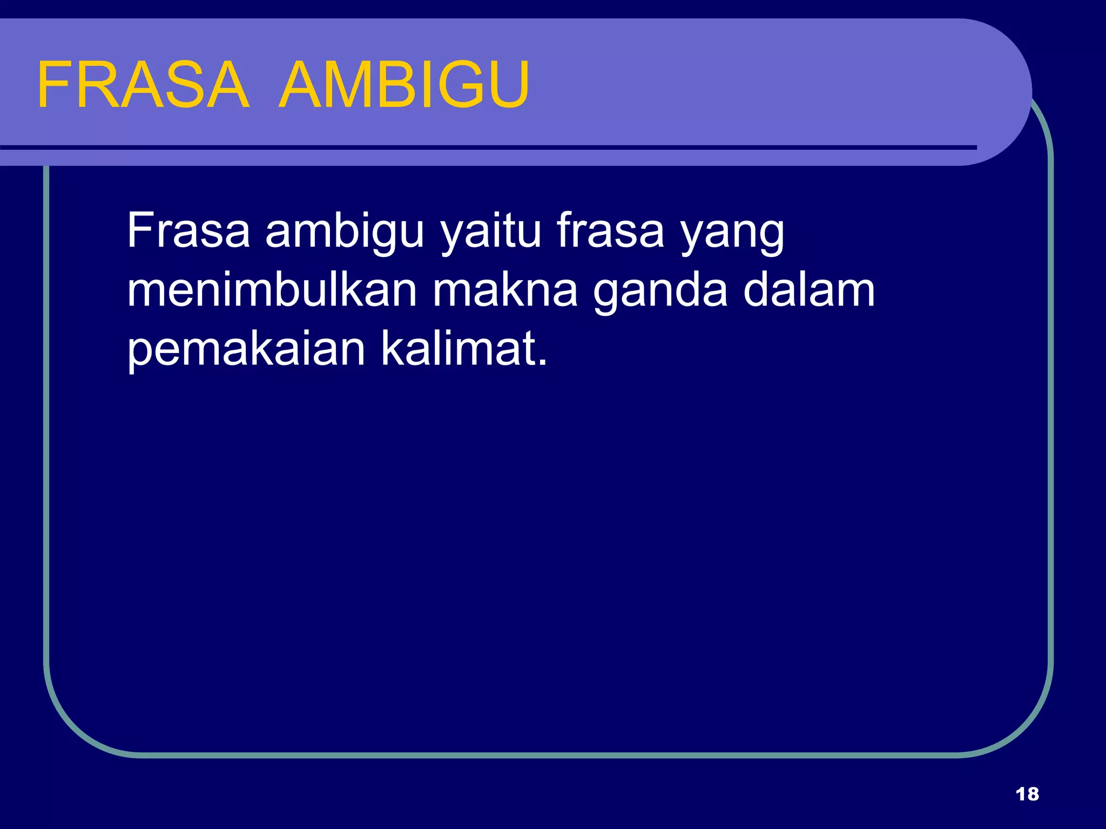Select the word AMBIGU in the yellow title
point(404,85)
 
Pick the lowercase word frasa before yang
point(610,231)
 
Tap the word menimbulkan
point(272,290)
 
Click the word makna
point(505,290)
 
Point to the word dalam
point(808,290)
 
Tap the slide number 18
point(1027,794)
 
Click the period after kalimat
point(543,363)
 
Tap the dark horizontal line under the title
point(486,147)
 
